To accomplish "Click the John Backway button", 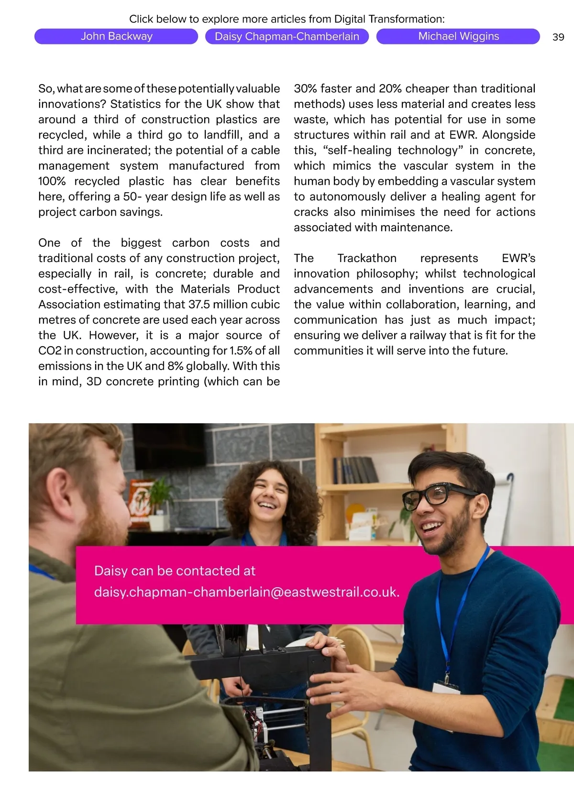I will (x=116, y=36).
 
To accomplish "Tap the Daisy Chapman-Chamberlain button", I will (x=287, y=36).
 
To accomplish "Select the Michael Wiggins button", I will (x=458, y=36).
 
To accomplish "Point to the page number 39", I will (x=558, y=37).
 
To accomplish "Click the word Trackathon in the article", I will (x=367, y=258).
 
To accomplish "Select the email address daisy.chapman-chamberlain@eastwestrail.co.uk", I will (x=246, y=592).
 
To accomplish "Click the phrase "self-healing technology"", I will (x=393, y=150).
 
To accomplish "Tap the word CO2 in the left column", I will (x=50, y=351).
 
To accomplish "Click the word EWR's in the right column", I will (x=518, y=258).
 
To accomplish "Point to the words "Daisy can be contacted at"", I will (x=175, y=571).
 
